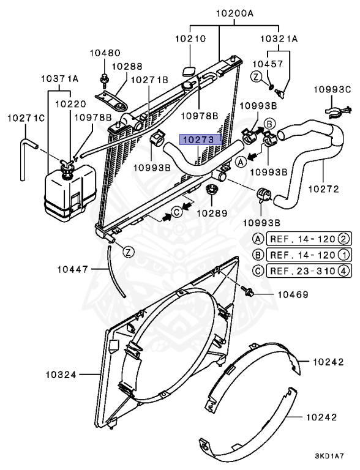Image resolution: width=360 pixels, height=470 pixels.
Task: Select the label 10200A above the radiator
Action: tap(235, 13)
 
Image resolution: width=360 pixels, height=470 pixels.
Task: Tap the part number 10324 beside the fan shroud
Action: tap(61, 375)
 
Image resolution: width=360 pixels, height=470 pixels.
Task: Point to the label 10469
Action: tap(293, 294)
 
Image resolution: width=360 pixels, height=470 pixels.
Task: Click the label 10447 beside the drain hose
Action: tap(73, 269)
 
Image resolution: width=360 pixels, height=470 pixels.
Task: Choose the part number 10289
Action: tap(212, 213)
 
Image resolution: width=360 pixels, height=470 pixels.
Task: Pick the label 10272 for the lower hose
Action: tap(324, 189)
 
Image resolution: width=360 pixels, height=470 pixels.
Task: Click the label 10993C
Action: tap(332, 89)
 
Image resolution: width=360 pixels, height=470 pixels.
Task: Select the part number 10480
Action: tap(105, 53)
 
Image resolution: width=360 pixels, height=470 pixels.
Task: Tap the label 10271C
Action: tap(26, 118)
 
